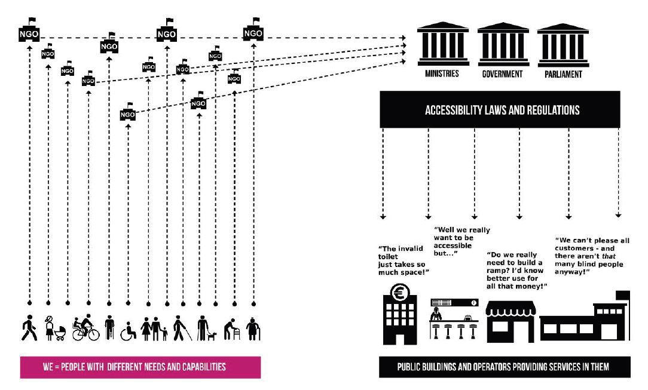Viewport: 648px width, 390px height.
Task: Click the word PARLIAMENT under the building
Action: point(563,75)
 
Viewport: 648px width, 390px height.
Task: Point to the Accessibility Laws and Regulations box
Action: point(502,110)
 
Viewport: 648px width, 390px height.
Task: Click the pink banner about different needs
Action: point(140,367)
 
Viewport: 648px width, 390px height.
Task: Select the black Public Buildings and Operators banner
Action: point(504,367)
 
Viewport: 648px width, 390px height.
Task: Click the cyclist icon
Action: point(86,327)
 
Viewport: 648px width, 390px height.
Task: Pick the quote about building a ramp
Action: point(515,270)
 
